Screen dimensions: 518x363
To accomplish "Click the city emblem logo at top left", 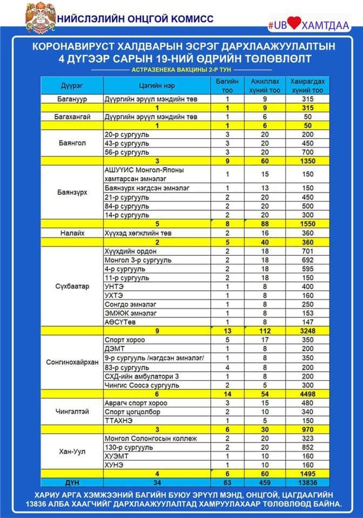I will point(41,18).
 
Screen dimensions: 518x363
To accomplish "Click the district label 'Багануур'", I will point(71,99).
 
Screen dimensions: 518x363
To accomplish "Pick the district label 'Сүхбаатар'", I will point(71,286).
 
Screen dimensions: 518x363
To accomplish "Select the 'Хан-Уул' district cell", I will point(71,451).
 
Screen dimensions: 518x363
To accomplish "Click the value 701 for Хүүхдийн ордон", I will point(307,251).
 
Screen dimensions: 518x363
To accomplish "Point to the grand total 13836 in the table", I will point(307,482).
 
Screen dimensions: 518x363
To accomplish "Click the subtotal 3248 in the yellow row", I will point(307,331).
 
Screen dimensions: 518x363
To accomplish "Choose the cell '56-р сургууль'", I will point(127,152).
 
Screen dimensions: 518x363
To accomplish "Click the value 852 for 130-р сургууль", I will point(307,447).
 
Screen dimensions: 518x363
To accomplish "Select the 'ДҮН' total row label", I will point(71,482).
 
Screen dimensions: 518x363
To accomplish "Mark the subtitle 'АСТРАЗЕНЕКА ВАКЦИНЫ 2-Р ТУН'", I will point(181,70).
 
